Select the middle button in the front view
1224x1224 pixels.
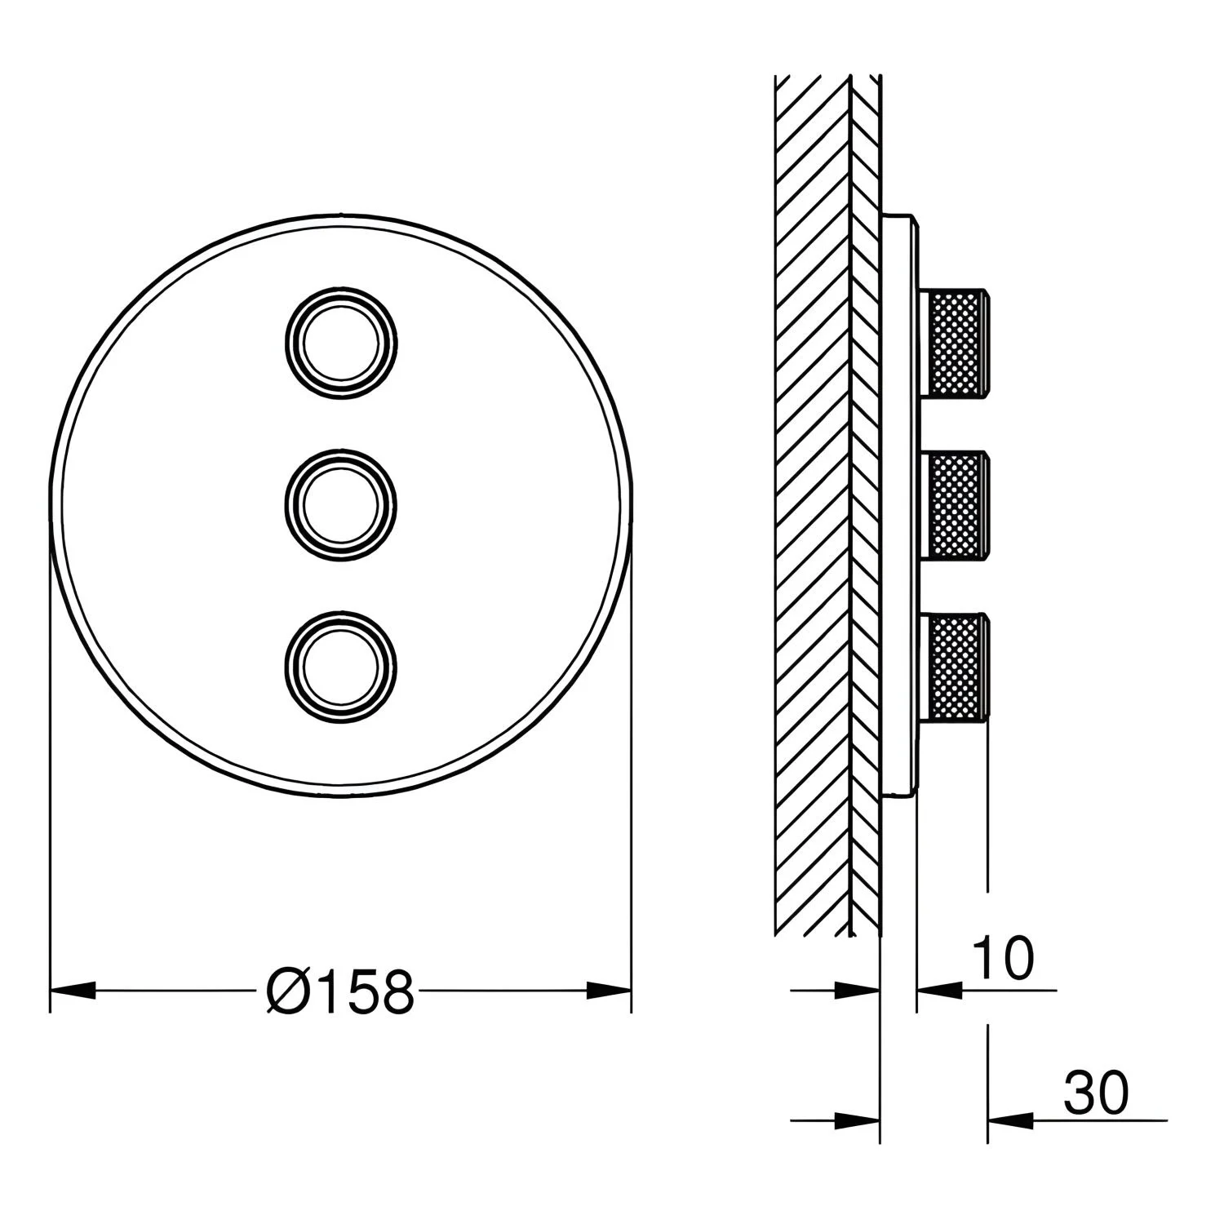pos(341,505)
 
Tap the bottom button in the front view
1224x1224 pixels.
pos(341,666)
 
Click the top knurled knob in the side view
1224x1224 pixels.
pos(955,343)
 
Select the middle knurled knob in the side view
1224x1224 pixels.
pos(955,505)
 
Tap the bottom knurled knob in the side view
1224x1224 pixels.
pos(955,667)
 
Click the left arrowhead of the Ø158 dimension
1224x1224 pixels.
pos(72,991)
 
